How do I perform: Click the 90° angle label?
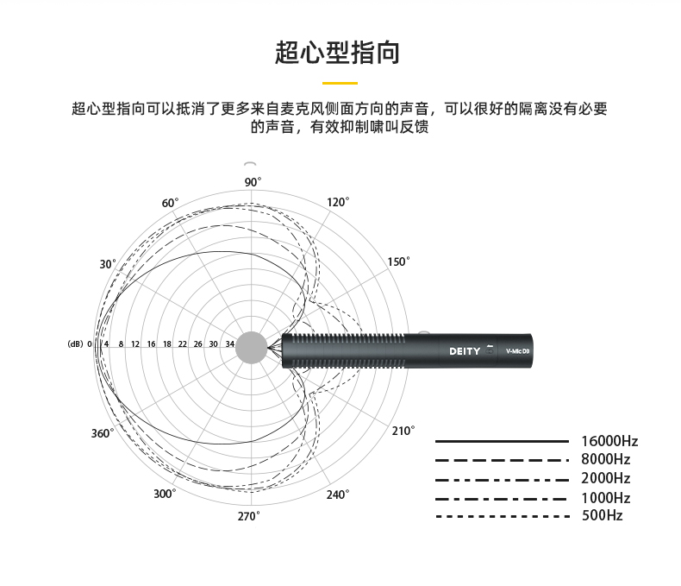pyautogui.click(x=253, y=182)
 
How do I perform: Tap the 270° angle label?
pyautogui.click(x=248, y=516)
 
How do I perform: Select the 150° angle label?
pyautogui.click(x=399, y=261)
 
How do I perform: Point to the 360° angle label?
pyautogui.click(x=103, y=433)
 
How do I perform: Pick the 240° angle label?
pyautogui.click(x=338, y=495)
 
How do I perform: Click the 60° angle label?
pyautogui.click(x=171, y=203)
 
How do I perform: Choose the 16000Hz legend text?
pyautogui.click(x=609, y=441)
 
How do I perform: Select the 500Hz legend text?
pyautogui.click(x=603, y=515)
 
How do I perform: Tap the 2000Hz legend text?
pyautogui.click(x=606, y=478)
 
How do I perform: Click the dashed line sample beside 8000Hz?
pyautogui.click(x=502, y=460)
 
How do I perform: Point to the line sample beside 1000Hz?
pyautogui.click(x=501, y=499)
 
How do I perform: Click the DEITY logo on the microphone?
pyautogui.click(x=465, y=351)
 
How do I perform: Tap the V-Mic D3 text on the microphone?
pyautogui.click(x=518, y=351)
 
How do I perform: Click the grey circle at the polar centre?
pyautogui.click(x=252, y=347)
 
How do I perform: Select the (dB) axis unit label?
pyautogui.click(x=75, y=343)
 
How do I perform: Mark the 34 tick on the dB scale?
pyautogui.click(x=230, y=343)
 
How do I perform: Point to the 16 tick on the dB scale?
pyautogui.click(x=151, y=343)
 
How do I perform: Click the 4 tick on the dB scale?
pyautogui.click(x=106, y=343)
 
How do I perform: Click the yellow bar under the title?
pyautogui.click(x=340, y=83)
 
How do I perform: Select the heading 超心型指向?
pyautogui.click(x=337, y=53)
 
